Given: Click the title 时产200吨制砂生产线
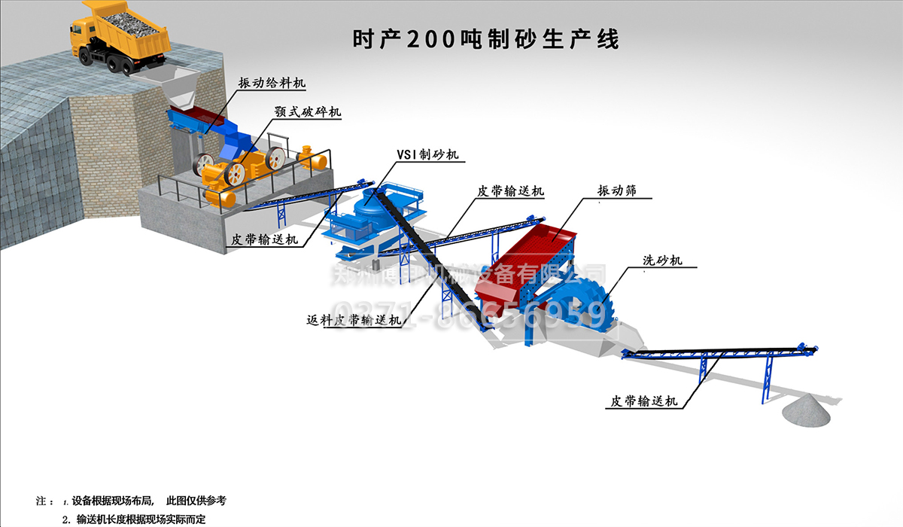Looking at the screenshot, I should click(485, 39).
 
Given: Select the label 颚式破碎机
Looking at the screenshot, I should click(308, 111).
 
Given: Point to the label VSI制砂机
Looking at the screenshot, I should click(427, 154).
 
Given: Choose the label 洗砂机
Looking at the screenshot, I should click(662, 260).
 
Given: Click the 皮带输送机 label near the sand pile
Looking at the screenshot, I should click(643, 401).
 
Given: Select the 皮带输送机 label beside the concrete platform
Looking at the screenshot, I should click(264, 239).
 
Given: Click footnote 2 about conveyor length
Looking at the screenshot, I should click(140, 519).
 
